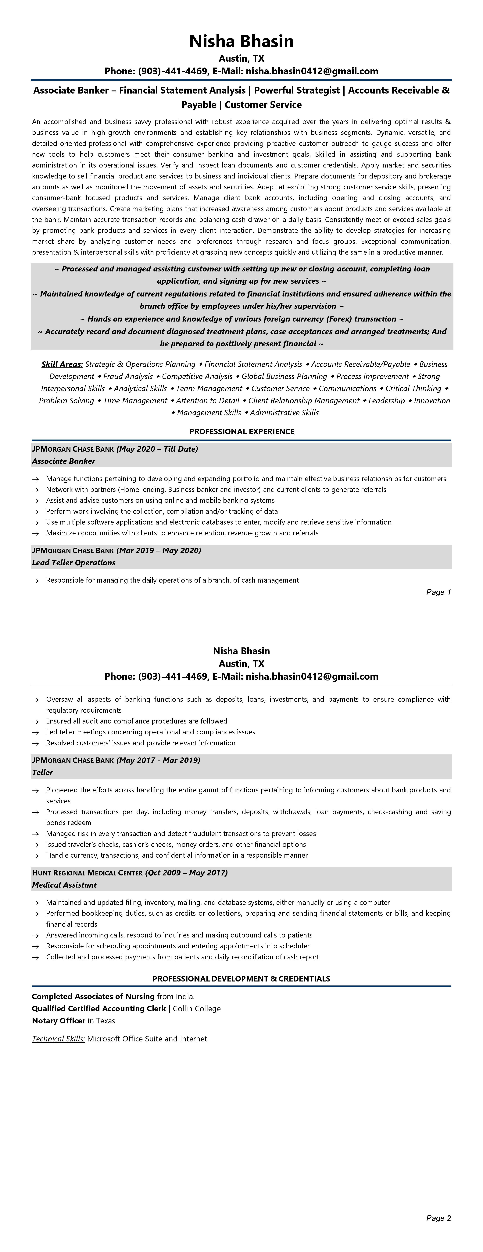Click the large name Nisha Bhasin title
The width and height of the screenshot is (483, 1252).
coord(241,41)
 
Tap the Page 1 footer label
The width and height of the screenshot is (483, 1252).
coord(438,592)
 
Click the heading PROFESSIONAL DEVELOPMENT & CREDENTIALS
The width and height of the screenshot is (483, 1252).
coord(241,978)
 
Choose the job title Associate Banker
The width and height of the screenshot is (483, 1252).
coord(64,461)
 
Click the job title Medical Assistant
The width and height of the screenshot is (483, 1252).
coord(64,885)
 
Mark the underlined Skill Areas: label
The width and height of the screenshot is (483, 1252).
coord(62,364)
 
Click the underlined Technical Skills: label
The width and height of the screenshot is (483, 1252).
coord(58,1039)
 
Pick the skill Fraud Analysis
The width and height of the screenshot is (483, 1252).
coord(128,376)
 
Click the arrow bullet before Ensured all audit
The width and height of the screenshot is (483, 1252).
coord(35,721)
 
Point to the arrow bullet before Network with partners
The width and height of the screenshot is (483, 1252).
coord(35,490)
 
